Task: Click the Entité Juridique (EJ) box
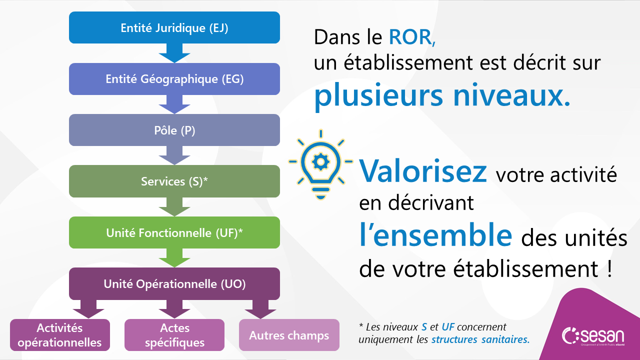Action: click(174, 27)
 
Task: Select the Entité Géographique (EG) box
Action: click(174, 79)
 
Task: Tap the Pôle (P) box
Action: click(174, 130)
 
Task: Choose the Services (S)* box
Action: click(174, 181)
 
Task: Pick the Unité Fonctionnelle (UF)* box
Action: click(174, 232)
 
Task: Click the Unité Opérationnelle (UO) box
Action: click(174, 283)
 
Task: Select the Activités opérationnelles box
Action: click(60, 335)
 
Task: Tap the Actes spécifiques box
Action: click(174, 335)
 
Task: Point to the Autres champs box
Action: click(289, 335)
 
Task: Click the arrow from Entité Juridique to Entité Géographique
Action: click(174, 53)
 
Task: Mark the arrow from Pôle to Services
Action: click(174, 155)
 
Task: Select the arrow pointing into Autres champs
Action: click(260, 309)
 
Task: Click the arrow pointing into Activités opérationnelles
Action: click(88, 309)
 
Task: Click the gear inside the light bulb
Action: click(320, 162)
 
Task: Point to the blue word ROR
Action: click(412, 37)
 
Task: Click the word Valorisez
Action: click(423, 171)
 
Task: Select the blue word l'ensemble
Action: click(435, 235)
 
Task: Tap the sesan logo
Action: click(593, 335)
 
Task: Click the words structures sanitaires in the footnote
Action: click(480, 339)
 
